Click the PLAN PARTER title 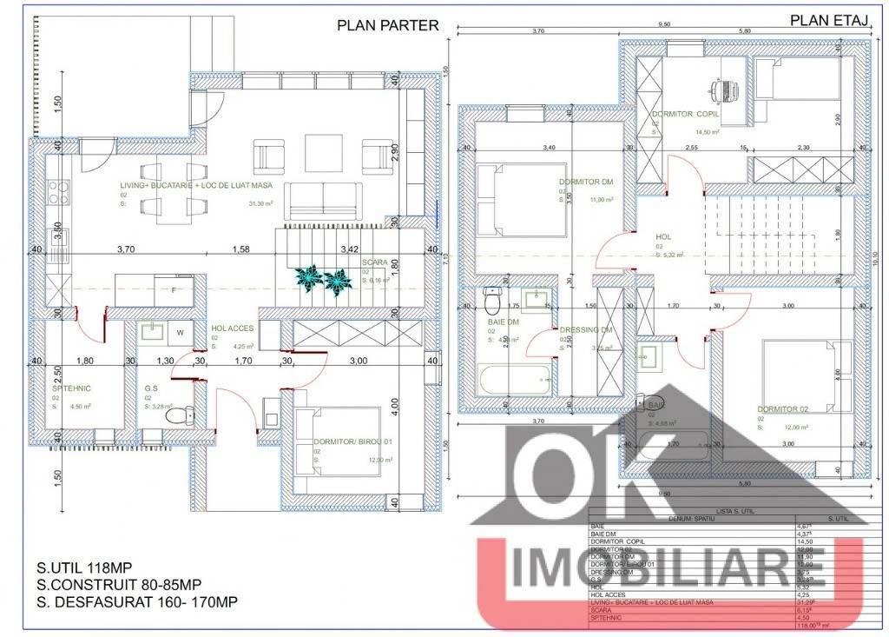click(388, 25)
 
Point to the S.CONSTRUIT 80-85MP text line click(120, 584)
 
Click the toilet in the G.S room click(179, 418)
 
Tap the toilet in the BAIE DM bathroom click(492, 301)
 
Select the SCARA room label click(375, 262)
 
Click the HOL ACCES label click(232, 328)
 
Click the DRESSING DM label click(587, 329)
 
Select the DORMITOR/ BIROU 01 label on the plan click(346, 441)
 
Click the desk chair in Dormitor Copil click(722, 89)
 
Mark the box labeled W click(181, 331)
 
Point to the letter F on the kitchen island click(175, 289)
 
